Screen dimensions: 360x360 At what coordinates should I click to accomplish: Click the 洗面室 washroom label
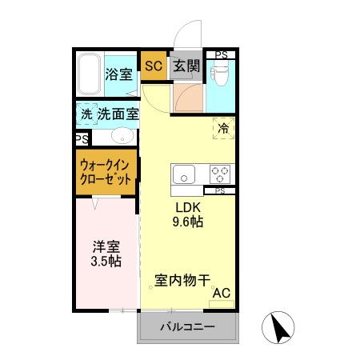click(x=118, y=114)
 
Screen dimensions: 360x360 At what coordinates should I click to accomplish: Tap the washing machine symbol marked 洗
click(x=86, y=114)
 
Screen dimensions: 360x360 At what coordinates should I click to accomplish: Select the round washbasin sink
click(x=122, y=135)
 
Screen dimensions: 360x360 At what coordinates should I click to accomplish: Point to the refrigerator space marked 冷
click(x=223, y=127)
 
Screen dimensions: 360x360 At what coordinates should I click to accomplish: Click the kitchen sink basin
click(x=183, y=174)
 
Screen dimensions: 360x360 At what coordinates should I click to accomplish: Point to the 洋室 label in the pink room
click(x=105, y=246)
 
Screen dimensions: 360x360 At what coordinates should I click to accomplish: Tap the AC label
click(x=221, y=293)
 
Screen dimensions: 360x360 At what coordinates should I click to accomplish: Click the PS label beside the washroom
click(x=82, y=138)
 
